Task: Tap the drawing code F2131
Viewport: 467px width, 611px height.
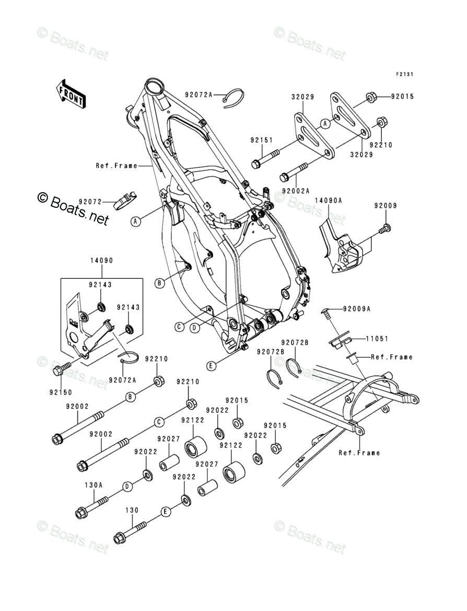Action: [404, 75]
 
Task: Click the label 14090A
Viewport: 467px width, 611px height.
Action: [328, 200]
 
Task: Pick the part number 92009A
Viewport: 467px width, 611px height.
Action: [357, 309]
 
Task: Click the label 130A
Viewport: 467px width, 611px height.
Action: [94, 484]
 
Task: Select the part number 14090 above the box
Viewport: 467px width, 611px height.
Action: [101, 260]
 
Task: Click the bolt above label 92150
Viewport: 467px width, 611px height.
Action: [59, 370]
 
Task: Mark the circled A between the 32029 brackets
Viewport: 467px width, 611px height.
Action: [324, 123]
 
